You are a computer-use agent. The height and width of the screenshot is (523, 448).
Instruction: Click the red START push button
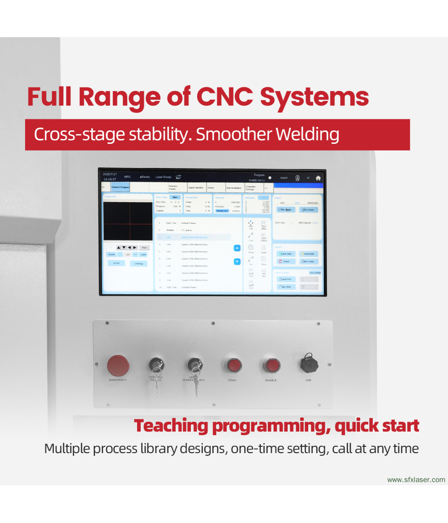click(233, 365)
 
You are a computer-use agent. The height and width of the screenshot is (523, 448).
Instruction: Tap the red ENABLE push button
click(271, 365)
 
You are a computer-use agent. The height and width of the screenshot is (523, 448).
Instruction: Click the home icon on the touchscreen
click(318, 177)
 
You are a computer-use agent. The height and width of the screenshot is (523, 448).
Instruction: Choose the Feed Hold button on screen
click(309, 254)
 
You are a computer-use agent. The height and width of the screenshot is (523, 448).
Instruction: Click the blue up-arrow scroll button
click(237, 248)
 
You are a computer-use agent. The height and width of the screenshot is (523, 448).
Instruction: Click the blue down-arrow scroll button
click(237, 262)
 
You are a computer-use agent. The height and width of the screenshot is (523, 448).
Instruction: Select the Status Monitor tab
click(196, 188)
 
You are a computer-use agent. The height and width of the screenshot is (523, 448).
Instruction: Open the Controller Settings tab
click(253, 188)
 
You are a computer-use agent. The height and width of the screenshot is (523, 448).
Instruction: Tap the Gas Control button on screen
click(315, 272)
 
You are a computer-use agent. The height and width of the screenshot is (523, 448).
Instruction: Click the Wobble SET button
click(222, 211)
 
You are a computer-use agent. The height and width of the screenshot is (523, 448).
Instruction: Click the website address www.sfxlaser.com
click(416, 480)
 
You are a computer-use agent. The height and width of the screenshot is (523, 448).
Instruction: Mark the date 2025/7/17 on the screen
click(110, 174)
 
